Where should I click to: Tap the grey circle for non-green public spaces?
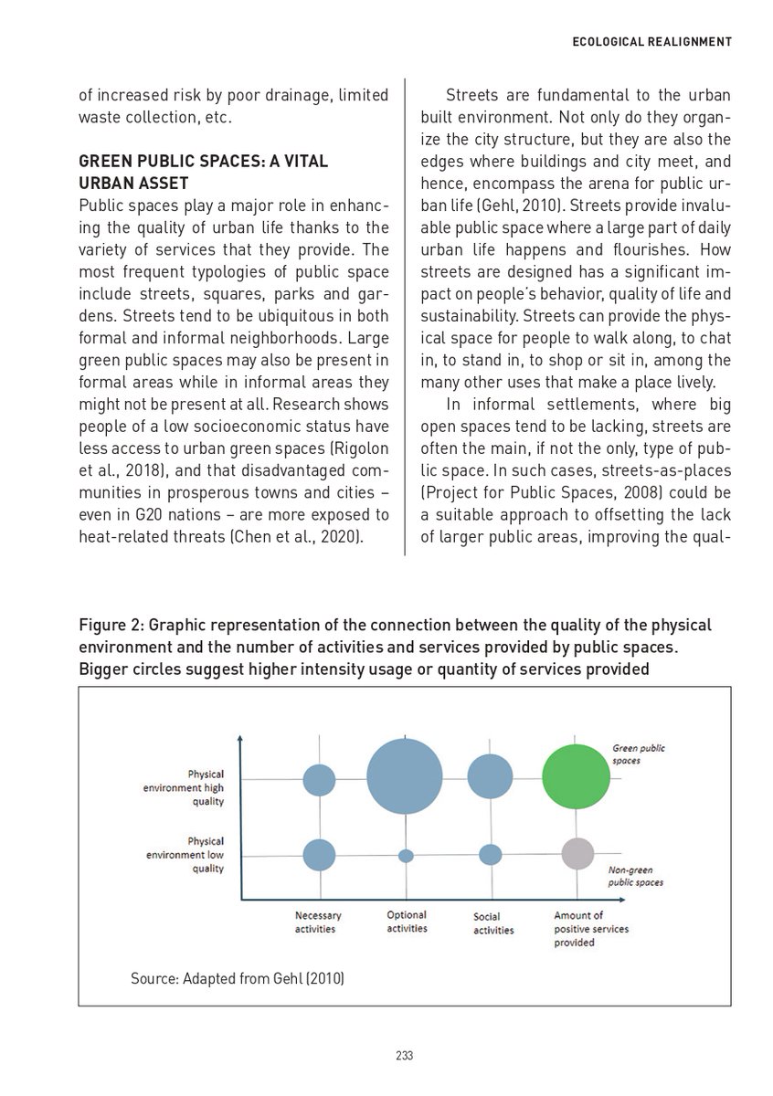point(577,853)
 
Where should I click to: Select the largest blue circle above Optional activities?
point(405,775)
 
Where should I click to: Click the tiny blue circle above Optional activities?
point(407,856)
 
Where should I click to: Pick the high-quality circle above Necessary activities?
point(319,779)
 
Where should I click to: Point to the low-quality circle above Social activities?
point(491,855)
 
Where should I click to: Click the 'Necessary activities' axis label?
point(317,922)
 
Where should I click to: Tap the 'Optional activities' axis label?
point(407,922)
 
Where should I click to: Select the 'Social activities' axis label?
point(493,923)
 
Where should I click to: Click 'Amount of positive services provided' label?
point(590,929)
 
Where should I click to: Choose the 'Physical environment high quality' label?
point(196,787)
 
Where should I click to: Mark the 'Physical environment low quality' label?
point(196,855)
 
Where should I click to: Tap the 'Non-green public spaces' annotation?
point(635,877)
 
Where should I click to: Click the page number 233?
point(405,1056)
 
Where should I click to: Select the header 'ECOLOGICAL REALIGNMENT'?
point(651,41)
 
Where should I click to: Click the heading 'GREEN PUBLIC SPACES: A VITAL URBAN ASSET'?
point(203,172)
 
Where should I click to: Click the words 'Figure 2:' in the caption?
point(111,626)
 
